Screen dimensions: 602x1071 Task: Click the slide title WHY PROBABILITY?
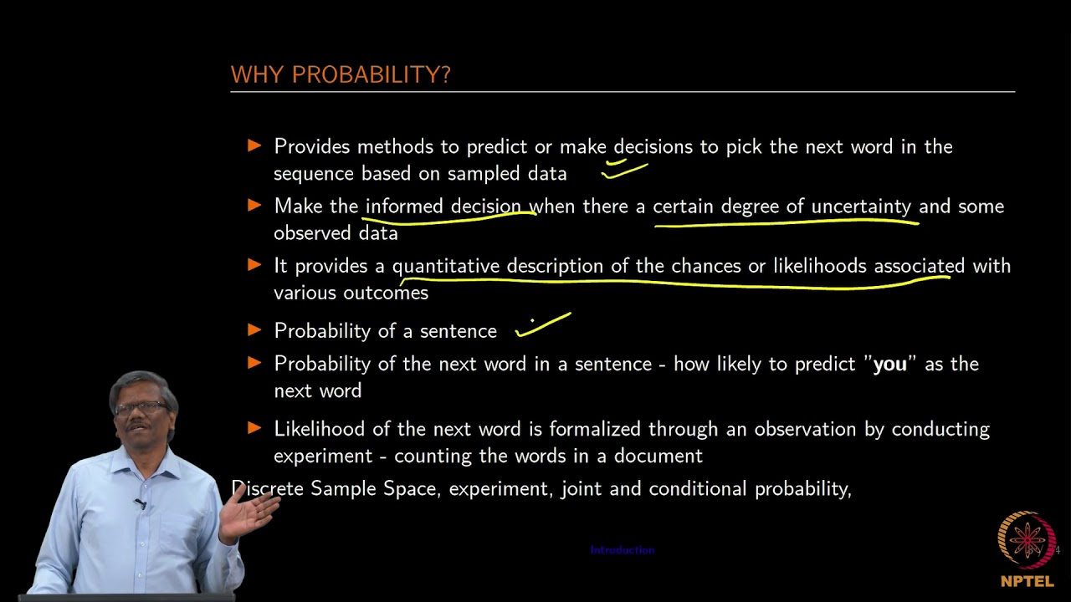(341, 75)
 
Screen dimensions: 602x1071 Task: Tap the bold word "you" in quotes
(890, 365)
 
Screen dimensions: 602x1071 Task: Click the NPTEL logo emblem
(1027, 540)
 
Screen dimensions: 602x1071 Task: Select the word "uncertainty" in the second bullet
(860, 207)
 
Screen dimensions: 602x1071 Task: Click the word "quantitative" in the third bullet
(446, 266)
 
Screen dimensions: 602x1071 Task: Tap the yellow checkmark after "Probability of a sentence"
(543, 325)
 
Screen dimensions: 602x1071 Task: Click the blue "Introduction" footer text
(622, 550)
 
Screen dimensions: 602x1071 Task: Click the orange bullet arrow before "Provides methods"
(255, 146)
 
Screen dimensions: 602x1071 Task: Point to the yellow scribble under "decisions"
(623, 169)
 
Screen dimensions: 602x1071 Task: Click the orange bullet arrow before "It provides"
(255, 265)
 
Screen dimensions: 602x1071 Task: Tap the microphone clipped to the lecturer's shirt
(141, 503)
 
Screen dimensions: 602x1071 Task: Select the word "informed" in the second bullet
(405, 207)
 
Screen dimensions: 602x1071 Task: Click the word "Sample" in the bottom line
(344, 488)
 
